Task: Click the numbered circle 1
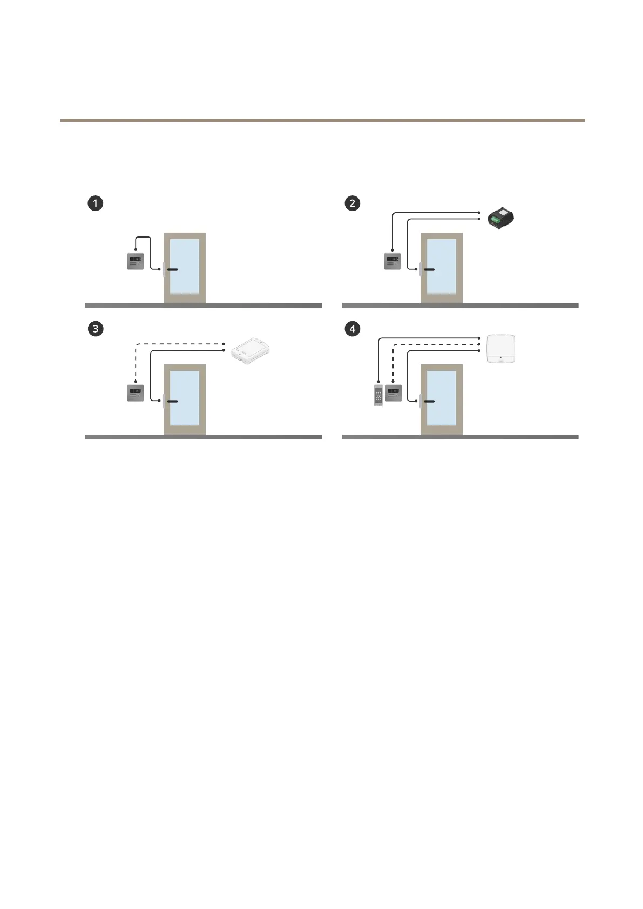pos(96,203)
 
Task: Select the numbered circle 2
pos(352,203)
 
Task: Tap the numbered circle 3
pos(96,329)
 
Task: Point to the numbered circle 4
pos(352,329)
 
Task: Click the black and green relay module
pos(500,218)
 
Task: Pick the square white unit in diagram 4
pos(501,349)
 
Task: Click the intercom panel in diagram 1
pos(135,261)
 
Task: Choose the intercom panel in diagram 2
pos(392,261)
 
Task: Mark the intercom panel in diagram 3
pos(135,392)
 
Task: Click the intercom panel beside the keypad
pos(392,392)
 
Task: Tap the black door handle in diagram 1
pos(172,269)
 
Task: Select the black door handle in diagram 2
pos(429,269)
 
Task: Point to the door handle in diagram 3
pos(172,401)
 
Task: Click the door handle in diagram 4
pos(429,401)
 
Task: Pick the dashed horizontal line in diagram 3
pos(178,343)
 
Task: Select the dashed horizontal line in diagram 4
pos(437,344)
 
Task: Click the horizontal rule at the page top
pos(322,120)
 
